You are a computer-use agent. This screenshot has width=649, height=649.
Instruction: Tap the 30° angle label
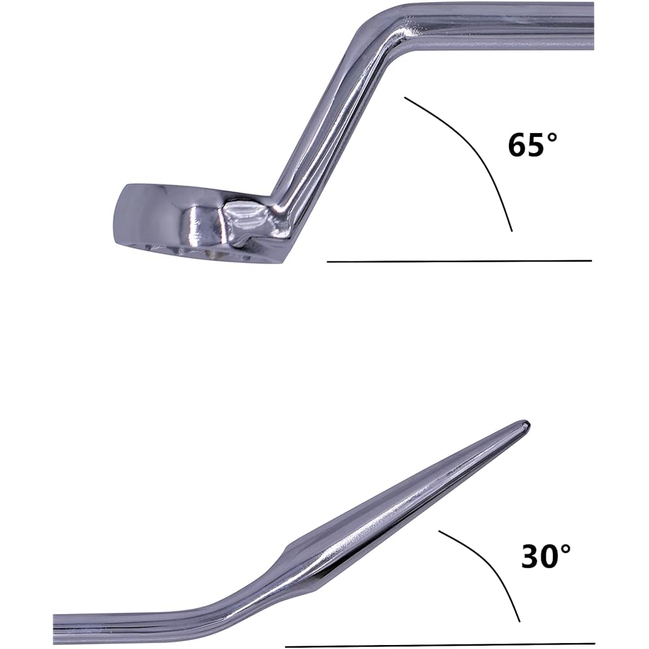pyautogui.click(x=546, y=556)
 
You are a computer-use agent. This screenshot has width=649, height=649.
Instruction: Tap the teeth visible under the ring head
pyautogui.click(x=195, y=252)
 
